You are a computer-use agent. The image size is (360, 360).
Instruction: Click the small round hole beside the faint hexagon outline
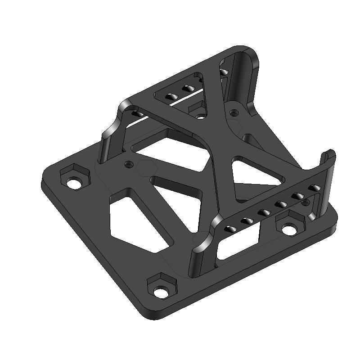coord(130,165)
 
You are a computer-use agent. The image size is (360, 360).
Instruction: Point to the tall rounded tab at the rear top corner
coord(245,72)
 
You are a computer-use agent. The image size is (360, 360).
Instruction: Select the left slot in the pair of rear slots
coord(171,96)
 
